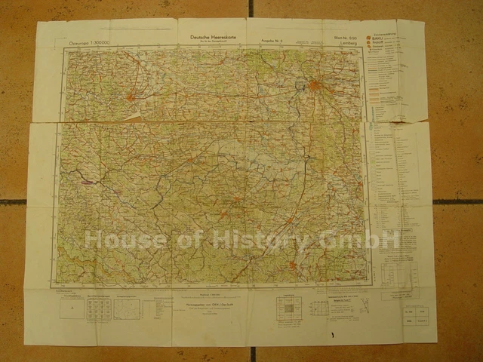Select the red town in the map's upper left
click(131, 97)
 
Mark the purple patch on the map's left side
click(89, 182)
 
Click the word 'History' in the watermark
click(264, 241)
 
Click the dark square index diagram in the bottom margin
click(288, 307)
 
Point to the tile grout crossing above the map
click(251, 9)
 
